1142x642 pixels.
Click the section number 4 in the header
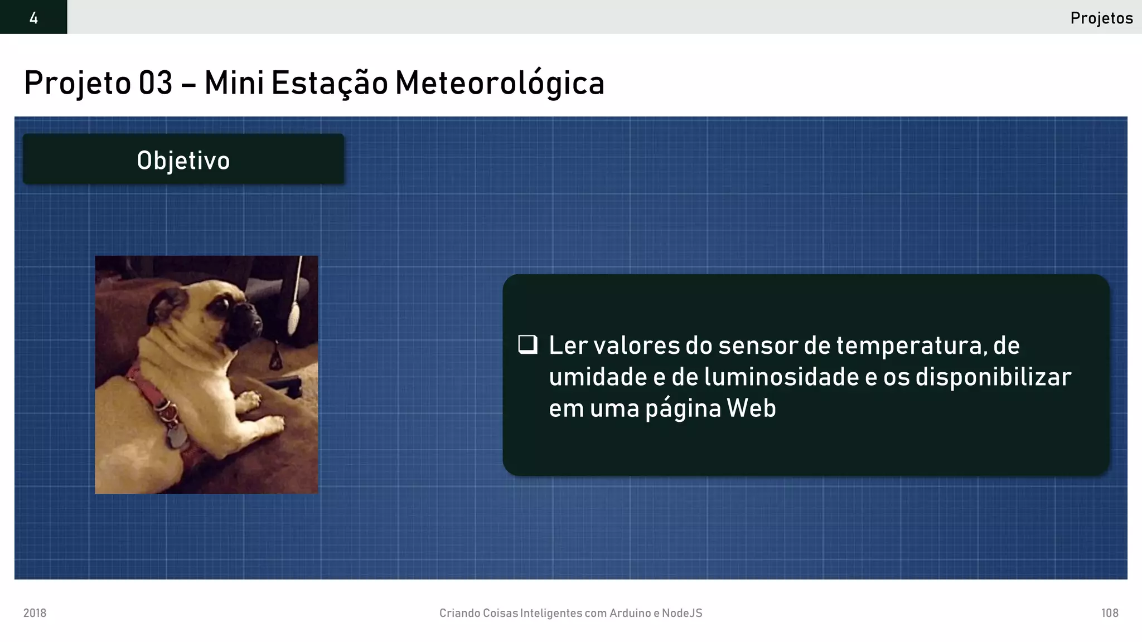[33, 18]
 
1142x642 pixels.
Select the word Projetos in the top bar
[1101, 18]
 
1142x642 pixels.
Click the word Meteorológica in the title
[500, 83]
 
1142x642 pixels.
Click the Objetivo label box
[183, 160]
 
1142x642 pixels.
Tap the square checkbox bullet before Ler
[528, 344]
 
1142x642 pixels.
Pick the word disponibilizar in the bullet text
[993, 377]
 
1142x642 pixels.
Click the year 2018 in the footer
[35, 613]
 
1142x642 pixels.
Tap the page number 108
[1110, 613]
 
